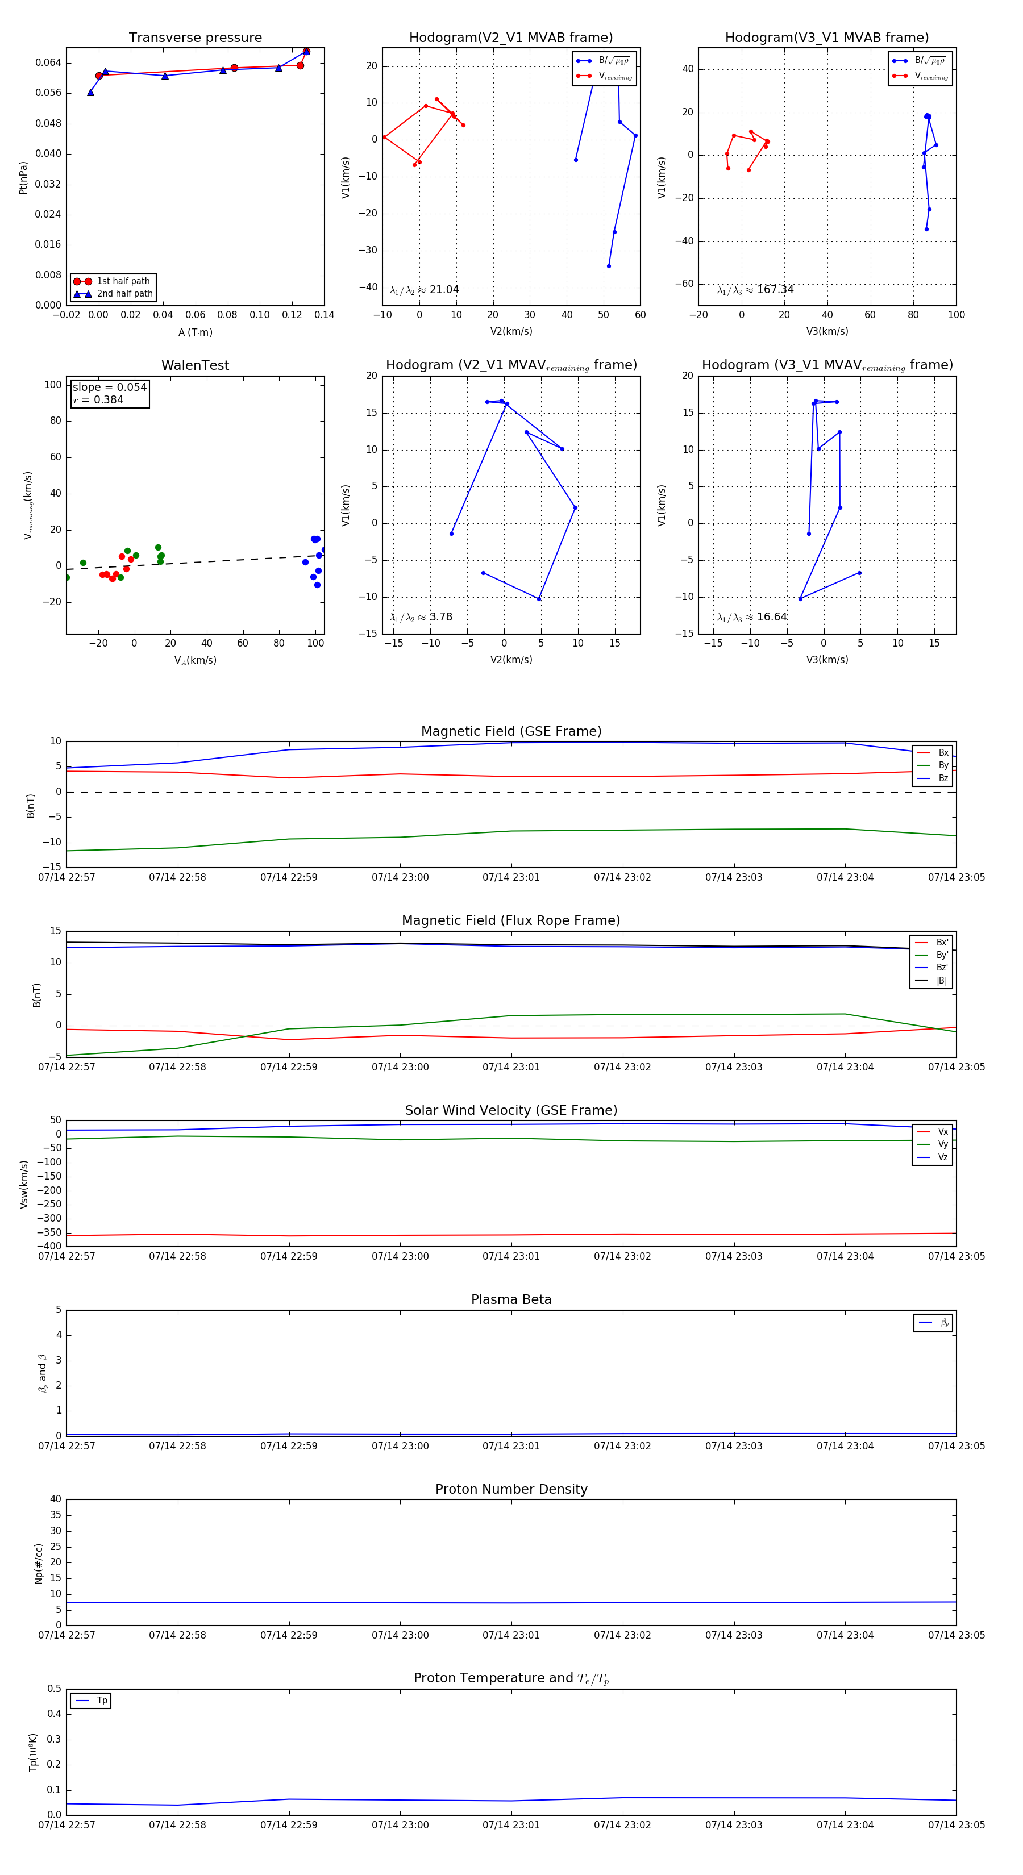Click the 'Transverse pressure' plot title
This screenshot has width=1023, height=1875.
[x=195, y=38]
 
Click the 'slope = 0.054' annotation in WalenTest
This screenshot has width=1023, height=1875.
[x=109, y=388]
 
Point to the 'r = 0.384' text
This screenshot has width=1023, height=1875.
[x=98, y=401]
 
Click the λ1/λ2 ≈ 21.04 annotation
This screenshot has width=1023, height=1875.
[x=425, y=290]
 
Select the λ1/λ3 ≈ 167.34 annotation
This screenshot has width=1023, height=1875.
[x=755, y=290]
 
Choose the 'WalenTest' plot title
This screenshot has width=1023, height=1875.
[x=195, y=365]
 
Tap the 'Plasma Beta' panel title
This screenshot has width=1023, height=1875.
[x=511, y=1299]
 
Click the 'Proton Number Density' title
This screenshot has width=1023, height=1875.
[x=511, y=1489]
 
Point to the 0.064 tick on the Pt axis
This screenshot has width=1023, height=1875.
[x=48, y=63]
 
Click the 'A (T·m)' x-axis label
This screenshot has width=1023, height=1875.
[x=195, y=332]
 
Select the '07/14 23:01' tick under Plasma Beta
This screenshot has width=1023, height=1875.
[x=511, y=1445]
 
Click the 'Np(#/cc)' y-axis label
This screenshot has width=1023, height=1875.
[x=39, y=1564]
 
